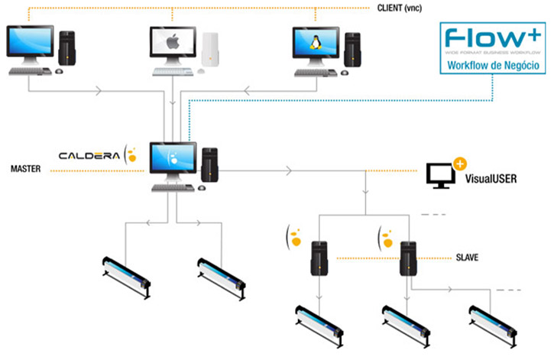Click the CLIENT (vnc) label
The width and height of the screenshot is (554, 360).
pyautogui.click(x=406, y=8)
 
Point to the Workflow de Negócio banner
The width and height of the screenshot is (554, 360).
pyautogui.click(x=495, y=66)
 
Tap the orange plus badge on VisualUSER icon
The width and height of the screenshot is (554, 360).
pyautogui.click(x=460, y=163)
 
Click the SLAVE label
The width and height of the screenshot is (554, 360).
pyautogui.click(x=467, y=258)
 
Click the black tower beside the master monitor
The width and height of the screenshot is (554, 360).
pyautogui.click(x=209, y=167)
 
